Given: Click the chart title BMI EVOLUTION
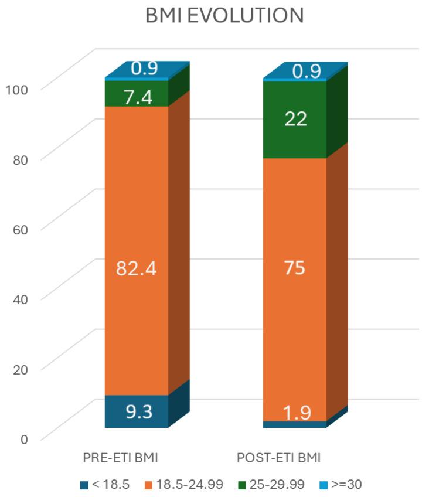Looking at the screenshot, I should pyautogui.click(x=224, y=16).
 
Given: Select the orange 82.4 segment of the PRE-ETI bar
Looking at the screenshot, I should pyautogui.click(x=137, y=234).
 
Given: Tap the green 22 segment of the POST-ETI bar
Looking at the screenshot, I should pyautogui.click(x=295, y=120).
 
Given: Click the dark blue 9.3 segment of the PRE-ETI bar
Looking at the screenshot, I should pyautogui.click(x=137, y=411).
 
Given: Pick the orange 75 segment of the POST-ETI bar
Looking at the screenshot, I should pyautogui.click(x=295, y=293).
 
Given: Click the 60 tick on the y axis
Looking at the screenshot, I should pyautogui.click(x=20, y=229).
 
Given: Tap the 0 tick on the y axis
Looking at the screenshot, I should pyautogui.click(x=23, y=438).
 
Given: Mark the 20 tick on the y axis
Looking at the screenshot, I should pyautogui.click(x=20, y=369).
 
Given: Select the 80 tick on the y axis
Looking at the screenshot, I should pyautogui.click(x=20, y=159).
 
